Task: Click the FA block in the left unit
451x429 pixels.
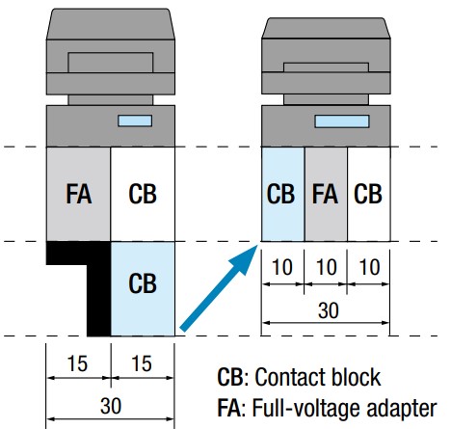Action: click(78, 194)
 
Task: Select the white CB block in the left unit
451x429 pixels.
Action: click(143, 194)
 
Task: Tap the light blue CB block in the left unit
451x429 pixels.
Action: click(143, 288)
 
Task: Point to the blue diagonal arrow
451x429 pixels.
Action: click(219, 288)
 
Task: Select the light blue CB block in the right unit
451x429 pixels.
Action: click(282, 194)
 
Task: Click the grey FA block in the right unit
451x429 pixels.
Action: click(326, 194)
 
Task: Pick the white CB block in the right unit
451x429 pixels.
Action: click(369, 194)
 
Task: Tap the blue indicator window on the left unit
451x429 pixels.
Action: click(135, 121)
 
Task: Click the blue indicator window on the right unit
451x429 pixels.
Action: click(342, 121)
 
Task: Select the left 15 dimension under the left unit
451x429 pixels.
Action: click(77, 363)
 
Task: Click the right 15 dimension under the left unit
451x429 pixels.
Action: click(142, 363)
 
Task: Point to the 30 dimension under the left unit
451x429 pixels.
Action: click(111, 406)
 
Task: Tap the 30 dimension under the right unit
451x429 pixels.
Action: click(329, 310)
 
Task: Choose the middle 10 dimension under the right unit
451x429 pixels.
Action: click(327, 267)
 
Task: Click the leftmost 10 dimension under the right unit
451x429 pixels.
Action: click(282, 267)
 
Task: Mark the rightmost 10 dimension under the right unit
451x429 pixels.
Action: click(369, 267)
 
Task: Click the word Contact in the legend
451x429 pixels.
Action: click(288, 377)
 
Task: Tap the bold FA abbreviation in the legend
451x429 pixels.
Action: click(228, 408)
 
